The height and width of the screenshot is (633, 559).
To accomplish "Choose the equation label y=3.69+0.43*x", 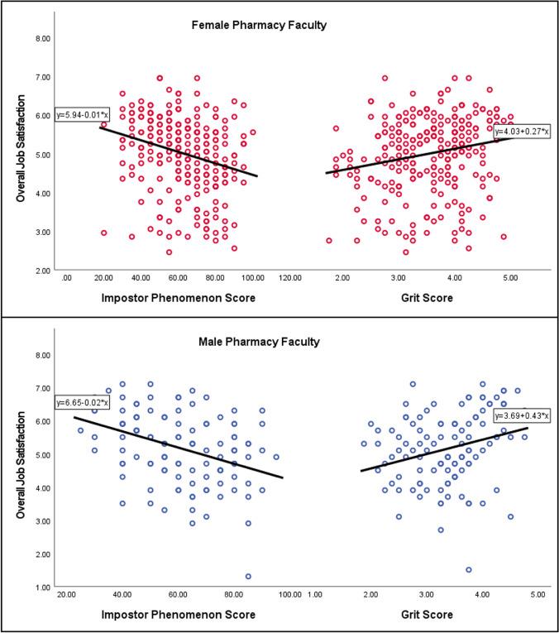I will [x=521, y=415].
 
